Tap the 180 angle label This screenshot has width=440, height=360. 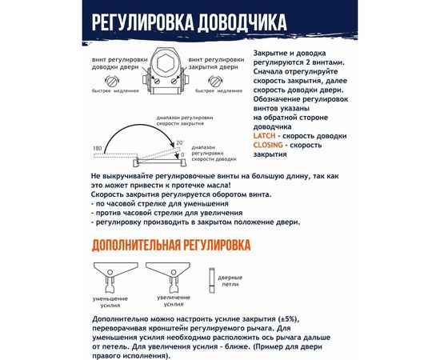tap(97, 150)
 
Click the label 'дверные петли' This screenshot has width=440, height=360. tap(230, 281)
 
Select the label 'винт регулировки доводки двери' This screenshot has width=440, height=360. tap(110, 63)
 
